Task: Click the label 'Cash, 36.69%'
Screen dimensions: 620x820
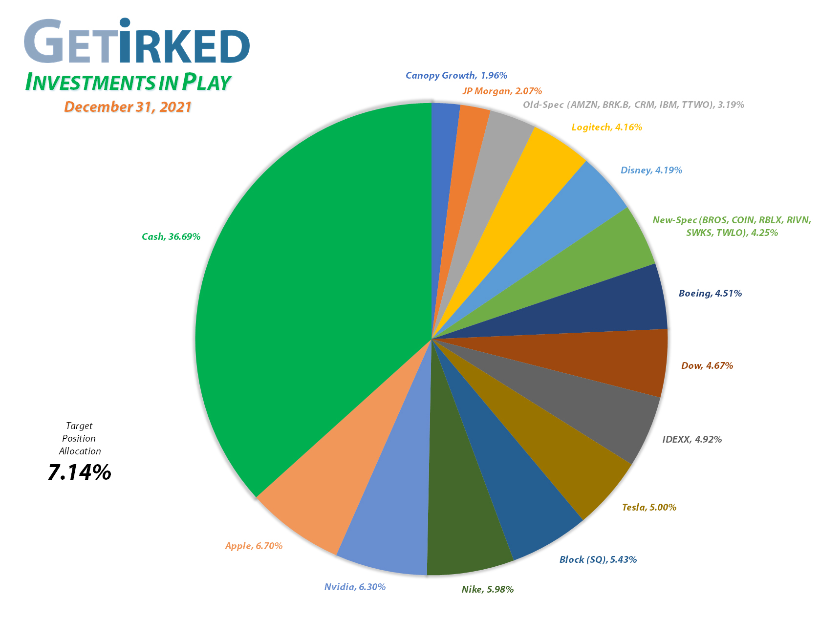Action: click(x=171, y=237)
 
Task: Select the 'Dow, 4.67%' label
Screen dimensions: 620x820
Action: click(x=707, y=366)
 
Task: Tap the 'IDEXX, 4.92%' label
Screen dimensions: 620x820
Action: click(x=691, y=439)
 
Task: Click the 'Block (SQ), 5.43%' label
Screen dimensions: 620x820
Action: click(x=598, y=560)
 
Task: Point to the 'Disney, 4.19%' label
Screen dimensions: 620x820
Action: click(x=651, y=171)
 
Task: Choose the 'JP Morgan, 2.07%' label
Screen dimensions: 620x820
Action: click(x=502, y=91)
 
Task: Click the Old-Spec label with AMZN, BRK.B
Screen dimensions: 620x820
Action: click(x=633, y=105)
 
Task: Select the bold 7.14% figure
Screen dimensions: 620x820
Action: click(x=79, y=472)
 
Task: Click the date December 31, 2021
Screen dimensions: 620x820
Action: click(x=128, y=107)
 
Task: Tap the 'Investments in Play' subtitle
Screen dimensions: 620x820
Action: click(x=128, y=82)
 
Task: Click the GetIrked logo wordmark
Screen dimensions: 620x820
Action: click(x=137, y=43)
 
